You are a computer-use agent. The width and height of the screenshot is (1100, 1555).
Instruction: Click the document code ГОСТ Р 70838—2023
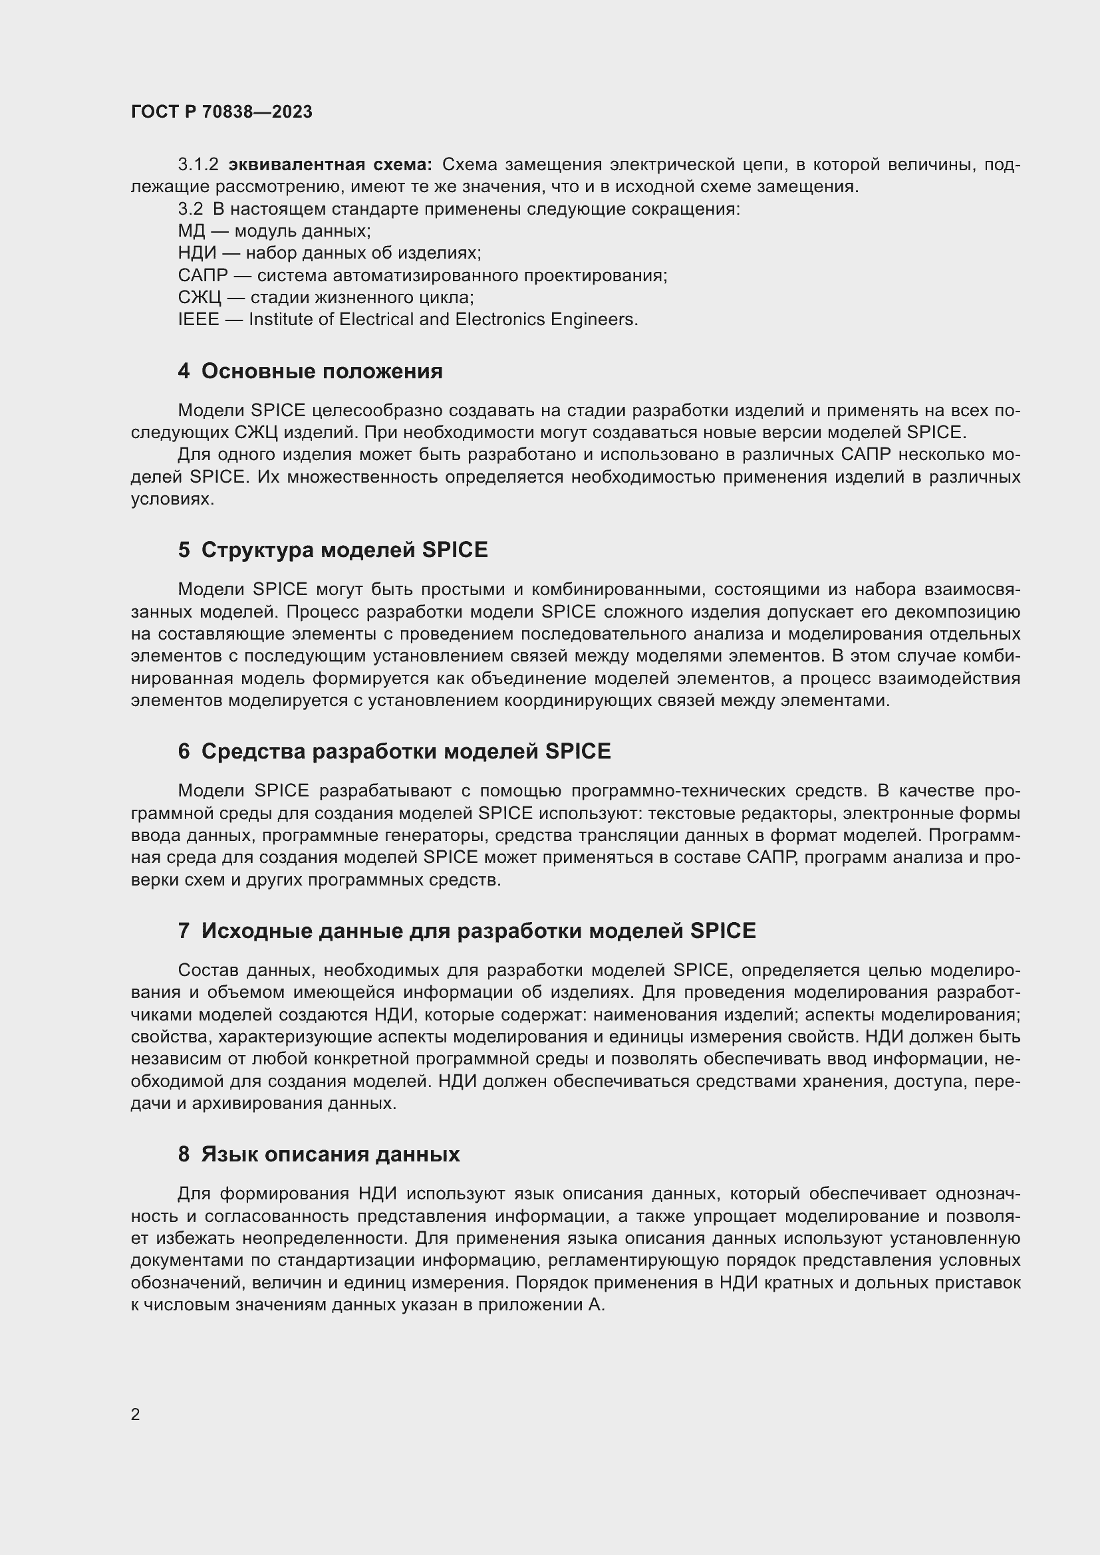(221, 112)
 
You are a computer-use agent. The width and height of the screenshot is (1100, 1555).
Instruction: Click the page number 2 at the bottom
(136, 1414)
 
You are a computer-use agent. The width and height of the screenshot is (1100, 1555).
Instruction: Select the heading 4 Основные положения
(310, 371)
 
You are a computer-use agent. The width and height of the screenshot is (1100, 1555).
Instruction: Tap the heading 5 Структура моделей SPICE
(333, 549)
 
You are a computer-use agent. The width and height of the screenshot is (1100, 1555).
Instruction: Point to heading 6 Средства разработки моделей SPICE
(394, 751)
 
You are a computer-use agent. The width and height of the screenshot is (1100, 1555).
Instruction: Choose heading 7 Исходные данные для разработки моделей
(467, 931)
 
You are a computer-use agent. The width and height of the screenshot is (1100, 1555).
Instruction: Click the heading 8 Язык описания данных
(319, 1154)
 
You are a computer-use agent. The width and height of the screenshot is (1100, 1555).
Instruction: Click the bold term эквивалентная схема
(330, 165)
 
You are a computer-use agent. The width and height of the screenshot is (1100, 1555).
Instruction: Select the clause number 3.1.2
(198, 165)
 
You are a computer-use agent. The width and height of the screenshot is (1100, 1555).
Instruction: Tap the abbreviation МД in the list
(191, 231)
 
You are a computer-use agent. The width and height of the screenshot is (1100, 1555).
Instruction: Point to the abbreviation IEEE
(198, 320)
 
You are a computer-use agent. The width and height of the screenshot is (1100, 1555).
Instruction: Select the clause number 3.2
(190, 209)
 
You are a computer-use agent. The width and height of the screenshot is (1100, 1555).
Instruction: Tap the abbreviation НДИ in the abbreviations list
(197, 253)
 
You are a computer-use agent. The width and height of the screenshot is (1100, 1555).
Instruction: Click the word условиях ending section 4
(172, 499)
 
